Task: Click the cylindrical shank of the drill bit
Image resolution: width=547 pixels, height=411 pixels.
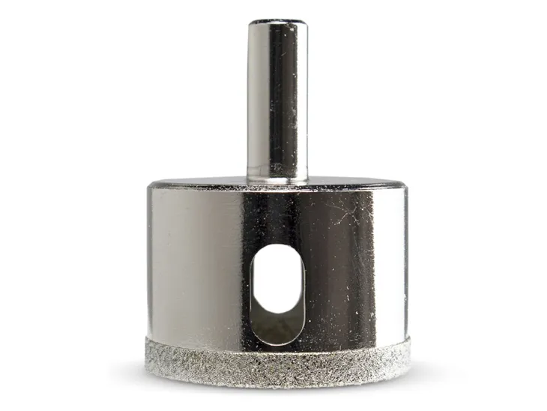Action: coord(277,97)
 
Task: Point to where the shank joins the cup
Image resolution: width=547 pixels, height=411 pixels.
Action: coord(277,178)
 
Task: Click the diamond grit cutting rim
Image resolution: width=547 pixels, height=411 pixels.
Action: coord(277,364)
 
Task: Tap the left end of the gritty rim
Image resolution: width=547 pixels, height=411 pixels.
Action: coord(150,358)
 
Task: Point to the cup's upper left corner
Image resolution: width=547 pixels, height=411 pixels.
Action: coord(150,187)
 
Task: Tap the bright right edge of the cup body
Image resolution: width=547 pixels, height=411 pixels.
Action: coord(402,262)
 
